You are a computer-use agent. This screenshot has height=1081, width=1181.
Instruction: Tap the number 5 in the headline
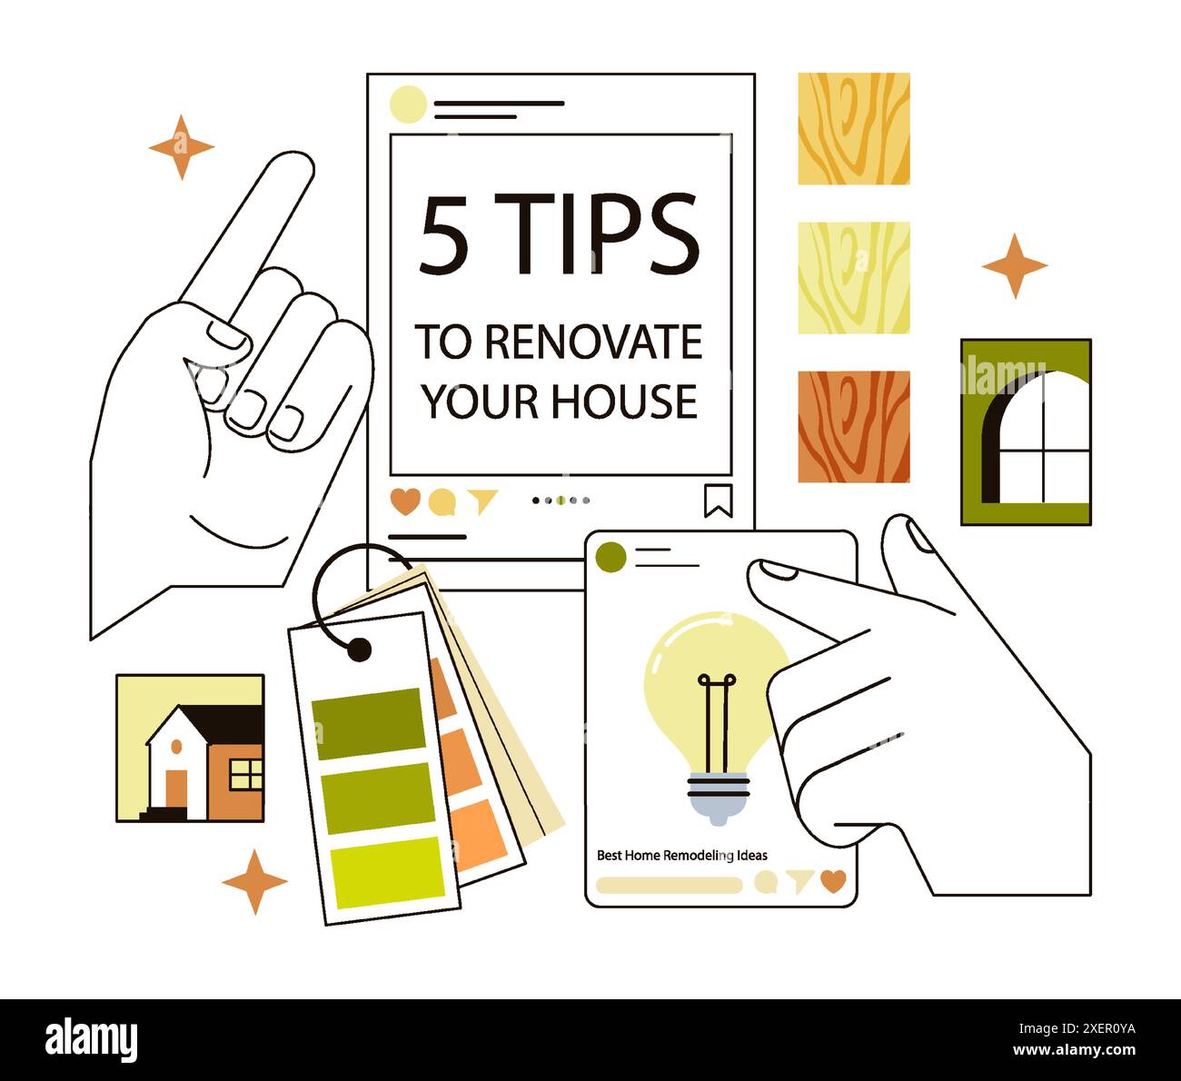[443, 236]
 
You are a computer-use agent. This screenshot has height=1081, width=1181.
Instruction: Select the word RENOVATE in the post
[593, 342]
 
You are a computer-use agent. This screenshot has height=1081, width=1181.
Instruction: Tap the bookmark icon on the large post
[718, 501]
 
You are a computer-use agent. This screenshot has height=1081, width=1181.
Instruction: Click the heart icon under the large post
[405, 501]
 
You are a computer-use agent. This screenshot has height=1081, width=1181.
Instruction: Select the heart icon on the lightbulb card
[832, 880]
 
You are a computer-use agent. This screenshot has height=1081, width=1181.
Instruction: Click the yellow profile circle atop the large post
[408, 104]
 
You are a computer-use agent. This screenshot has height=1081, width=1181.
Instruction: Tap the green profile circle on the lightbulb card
[611, 557]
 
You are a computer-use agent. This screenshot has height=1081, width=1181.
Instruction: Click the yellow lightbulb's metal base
[718, 795]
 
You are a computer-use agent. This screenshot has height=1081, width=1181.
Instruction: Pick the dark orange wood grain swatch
[853, 426]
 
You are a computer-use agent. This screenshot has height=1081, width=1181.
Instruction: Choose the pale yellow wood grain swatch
[853, 278]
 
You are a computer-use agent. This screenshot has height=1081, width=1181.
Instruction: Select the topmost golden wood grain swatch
[853, 129]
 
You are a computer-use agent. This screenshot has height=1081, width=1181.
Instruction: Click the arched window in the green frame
[1036, 439]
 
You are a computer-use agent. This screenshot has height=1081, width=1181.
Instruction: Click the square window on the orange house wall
[245, 774]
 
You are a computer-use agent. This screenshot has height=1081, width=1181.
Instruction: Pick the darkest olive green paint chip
[369, 723]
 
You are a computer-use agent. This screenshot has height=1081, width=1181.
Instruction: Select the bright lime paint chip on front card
[388, 872]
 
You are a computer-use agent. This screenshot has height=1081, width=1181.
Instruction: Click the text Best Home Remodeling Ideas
[681, 855]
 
